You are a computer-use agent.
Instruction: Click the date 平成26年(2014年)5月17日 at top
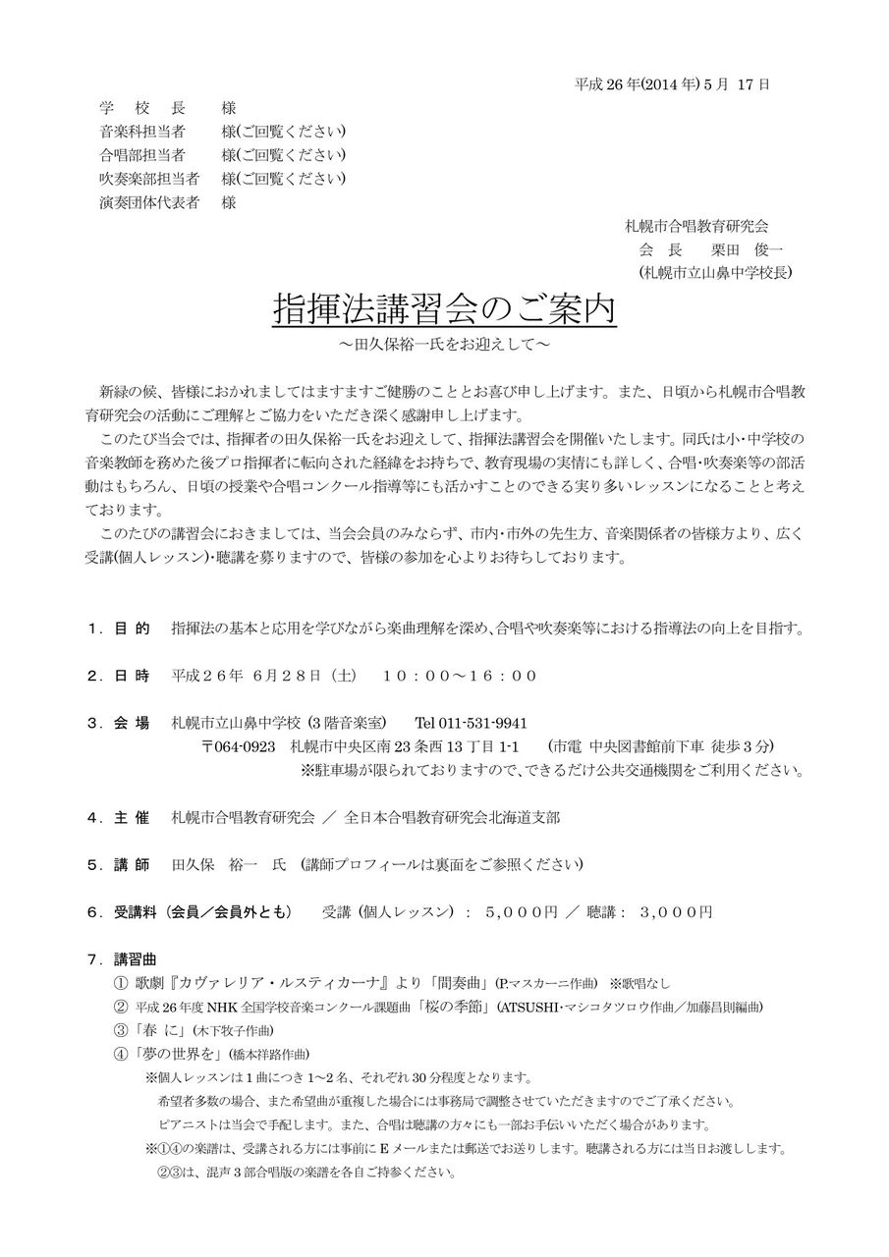(672, 83)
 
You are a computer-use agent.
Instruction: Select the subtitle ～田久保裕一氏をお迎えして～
(443, 346)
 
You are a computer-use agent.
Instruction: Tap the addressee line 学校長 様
(167, 108)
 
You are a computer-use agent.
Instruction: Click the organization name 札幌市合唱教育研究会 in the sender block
(697, 226)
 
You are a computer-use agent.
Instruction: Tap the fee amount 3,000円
(676, 911)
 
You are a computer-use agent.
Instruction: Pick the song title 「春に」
(158, 1030)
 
